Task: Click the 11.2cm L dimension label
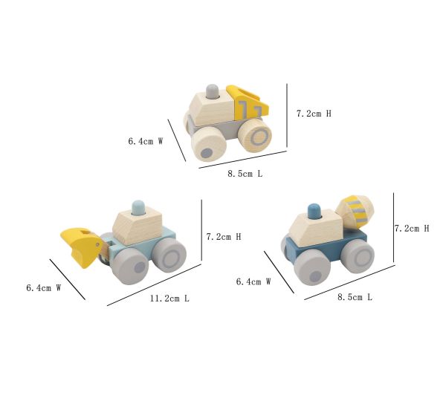click(x=169, y=299)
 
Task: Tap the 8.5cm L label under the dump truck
click(x=245, y=174)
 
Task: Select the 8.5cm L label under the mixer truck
click(x=355, y=297)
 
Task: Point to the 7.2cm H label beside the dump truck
click(x=314, y=114)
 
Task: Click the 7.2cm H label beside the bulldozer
click(x=224, y=237)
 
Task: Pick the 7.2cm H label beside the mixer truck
click(x=412, y=229)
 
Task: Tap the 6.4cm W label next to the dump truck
click(x=146, y=141)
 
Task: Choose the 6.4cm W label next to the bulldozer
click(x=44, y=288)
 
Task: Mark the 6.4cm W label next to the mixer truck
click(x=253, y=281)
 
